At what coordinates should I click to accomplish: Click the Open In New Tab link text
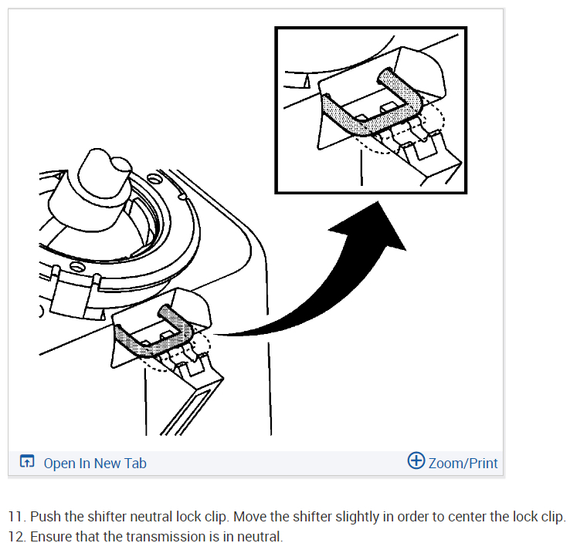95,463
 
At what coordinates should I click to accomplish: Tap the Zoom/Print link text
463,463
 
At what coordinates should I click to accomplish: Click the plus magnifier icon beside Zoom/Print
416,460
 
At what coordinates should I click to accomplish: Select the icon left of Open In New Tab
27,461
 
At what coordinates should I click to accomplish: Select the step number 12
17,537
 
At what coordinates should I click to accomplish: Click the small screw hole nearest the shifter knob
154,178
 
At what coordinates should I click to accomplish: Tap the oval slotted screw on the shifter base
77,267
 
